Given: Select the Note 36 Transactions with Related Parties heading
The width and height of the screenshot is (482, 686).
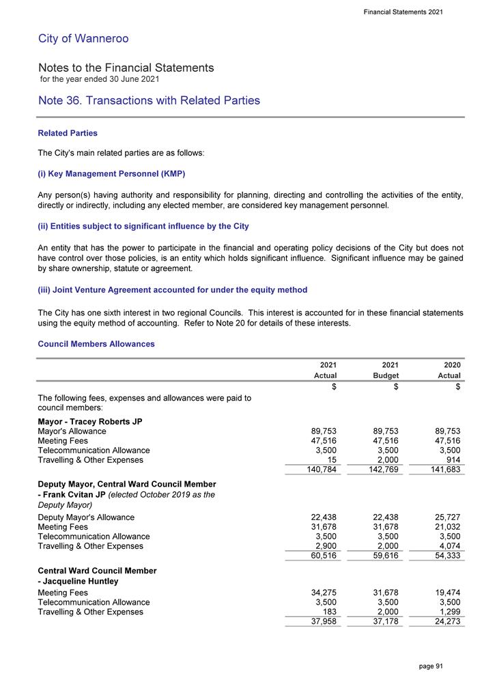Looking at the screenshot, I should (149, 100).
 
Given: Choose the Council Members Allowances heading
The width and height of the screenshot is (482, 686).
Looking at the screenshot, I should (96, 344).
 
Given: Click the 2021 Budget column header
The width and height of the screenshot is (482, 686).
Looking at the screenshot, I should (386, 370).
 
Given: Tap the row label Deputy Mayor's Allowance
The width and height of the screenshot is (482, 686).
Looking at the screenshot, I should (86, 517).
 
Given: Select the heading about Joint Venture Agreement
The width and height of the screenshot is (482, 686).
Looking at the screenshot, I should (173, 290).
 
